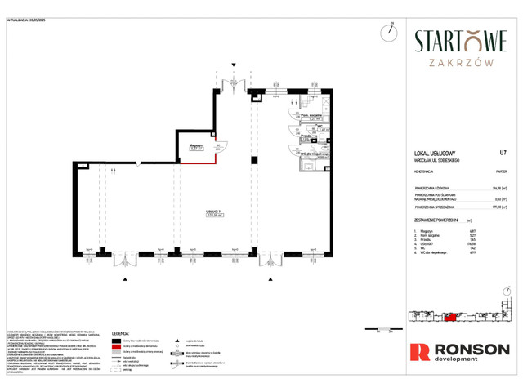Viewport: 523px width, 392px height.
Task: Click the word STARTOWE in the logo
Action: (x=460, y=41)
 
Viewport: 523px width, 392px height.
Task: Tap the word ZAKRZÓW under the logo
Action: (x=460, y=60)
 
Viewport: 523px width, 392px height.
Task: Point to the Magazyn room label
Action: (x=195, y=145)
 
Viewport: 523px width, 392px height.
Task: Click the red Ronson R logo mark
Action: (x=419, y=352)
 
